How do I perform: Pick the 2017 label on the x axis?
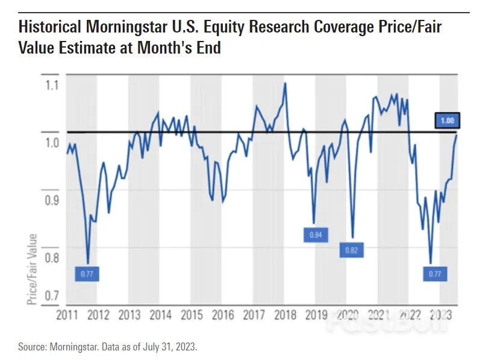point(252,315)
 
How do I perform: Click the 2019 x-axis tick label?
point(315,315)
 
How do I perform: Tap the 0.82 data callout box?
point(352,250)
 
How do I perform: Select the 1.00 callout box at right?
point(447,121)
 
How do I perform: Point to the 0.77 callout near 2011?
point(87,274)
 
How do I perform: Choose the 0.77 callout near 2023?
point(435,274)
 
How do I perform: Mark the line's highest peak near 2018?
point(285,83)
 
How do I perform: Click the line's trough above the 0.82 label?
point(352,237)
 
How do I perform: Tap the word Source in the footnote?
point(35,347)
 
